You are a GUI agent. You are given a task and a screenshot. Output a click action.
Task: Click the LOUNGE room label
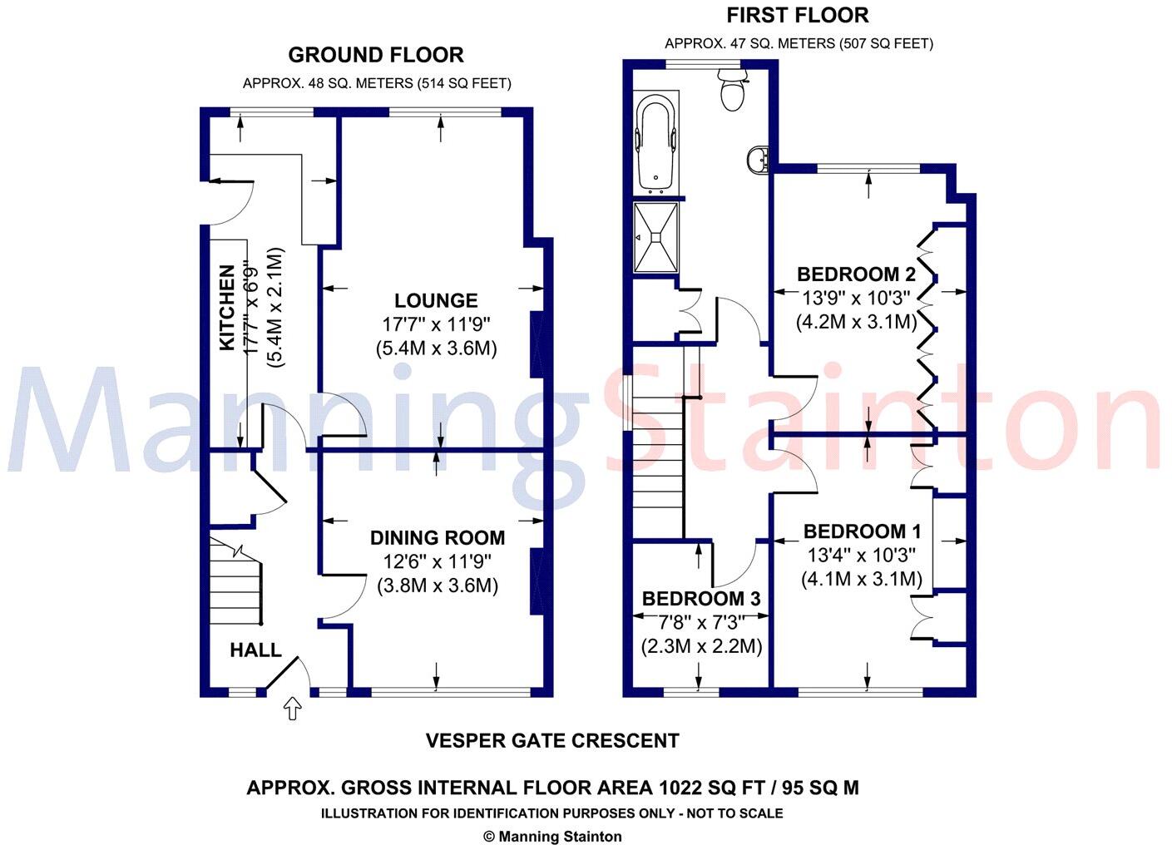pyautogui.click(x=436, y=301)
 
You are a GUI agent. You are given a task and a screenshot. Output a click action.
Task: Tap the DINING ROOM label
pyautogui.click(x=438, y=538)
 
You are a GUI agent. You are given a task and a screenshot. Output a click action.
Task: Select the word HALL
pyautogui.click(x=255, y=650)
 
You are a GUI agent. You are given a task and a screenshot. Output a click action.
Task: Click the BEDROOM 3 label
pyautogui.click(x=700, y=599)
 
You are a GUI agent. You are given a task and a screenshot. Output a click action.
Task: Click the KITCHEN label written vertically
pyautogui.click(x=226, y=308)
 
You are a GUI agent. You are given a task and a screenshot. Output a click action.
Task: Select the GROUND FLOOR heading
pyautogui.click(x=376, y=55)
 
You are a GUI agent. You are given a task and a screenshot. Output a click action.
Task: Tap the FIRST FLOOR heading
pyautogui.click(x=797, y=15)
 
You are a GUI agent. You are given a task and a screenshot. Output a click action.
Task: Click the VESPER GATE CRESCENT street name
pyautogui.click(x=552, y=740)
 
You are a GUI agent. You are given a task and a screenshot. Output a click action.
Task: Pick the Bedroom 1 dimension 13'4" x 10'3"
pyautogui.click(x=860, y=555)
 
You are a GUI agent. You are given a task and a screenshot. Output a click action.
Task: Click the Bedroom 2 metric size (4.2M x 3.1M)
pyautogui.click(x=856, y=321)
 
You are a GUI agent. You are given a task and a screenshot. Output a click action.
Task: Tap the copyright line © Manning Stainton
pyautogui.click(x=552, y=837)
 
